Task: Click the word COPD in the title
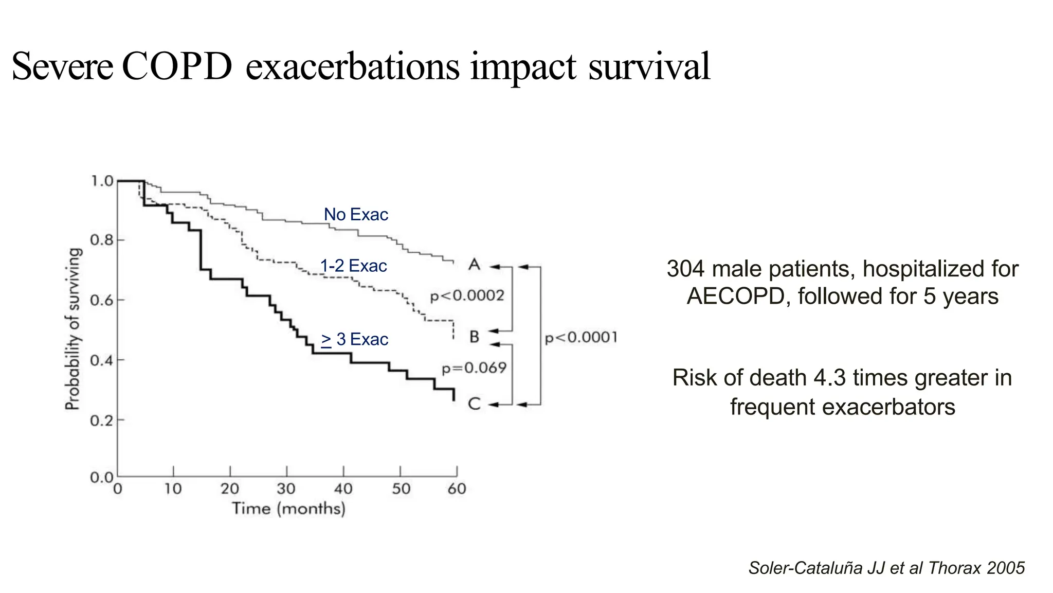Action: coord(177,67)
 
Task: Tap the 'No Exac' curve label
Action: coord(356,214)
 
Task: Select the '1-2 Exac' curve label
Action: coord(353,266)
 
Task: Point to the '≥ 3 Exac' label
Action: coord(355,339)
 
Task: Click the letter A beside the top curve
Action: coord(474,265)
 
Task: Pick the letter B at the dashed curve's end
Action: coord(474,337)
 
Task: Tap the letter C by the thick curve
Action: coord(474,404)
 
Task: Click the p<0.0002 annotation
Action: coord(467,296)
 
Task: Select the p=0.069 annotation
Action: coord(474,368)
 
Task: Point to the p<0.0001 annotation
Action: coord(580,338)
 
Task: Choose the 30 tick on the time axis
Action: coord(286,489)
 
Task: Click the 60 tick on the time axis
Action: coord(457,489)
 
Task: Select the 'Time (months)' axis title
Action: coord(288,509)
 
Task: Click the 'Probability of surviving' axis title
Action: coord(73,329)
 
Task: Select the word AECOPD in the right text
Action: coord(735,296)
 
